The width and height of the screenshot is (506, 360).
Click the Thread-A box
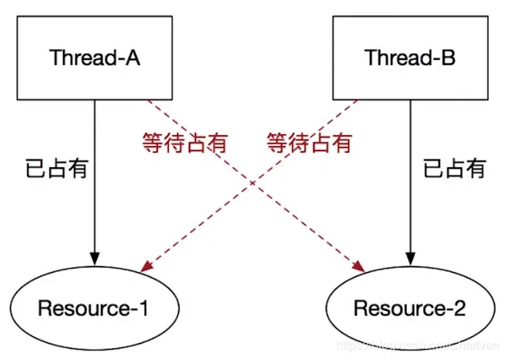(95, 58)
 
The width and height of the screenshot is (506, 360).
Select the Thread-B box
(410, 58)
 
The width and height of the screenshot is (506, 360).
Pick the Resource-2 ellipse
(410, 308)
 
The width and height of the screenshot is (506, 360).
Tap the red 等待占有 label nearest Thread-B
(309, 143)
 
